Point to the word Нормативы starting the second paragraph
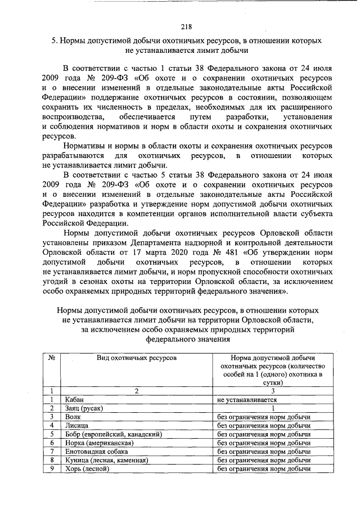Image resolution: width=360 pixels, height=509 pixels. (x=84, y=146)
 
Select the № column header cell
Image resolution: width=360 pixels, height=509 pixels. (x=51, y=358)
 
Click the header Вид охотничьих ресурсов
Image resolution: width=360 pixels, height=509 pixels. (x=136, y=358)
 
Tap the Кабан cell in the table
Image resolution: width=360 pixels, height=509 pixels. (x=74, y=399)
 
